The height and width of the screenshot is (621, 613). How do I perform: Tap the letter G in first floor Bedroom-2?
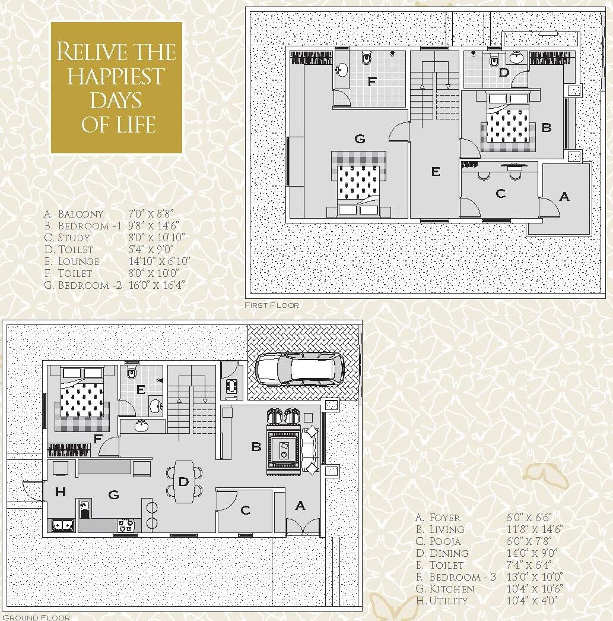tap(360, 139)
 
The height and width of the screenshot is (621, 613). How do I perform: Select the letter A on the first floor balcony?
tap(564, 196)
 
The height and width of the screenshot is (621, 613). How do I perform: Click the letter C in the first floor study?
tap(500, 193)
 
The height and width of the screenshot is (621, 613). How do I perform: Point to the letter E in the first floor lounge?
tap(436, 172)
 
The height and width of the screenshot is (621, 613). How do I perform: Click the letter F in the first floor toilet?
tap(372, 82)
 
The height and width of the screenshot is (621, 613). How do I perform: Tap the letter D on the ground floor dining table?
tap(183, 481)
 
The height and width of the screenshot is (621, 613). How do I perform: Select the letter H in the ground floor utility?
tap(60, 491)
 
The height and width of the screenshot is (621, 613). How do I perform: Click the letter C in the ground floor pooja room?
tap(245, 510)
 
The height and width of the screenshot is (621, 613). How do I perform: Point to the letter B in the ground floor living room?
tap(256, 447)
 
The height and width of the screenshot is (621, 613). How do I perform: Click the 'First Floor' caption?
tap(272, 305)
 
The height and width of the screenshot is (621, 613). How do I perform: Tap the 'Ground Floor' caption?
tap(36, 617)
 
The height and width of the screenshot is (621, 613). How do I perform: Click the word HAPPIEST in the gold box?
tap(116, 76)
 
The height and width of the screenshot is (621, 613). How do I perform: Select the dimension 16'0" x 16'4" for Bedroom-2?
tap(157, 285)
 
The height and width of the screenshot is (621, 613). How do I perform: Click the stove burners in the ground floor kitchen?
tap(125, 525)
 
